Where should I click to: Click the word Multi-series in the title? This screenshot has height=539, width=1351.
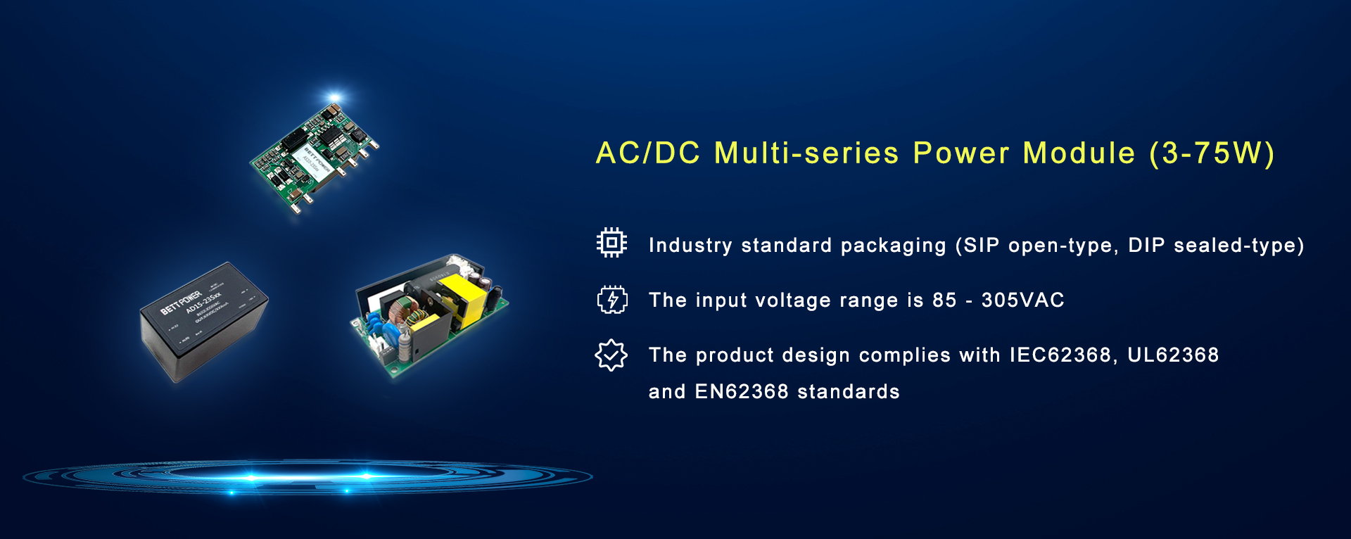[806, 153]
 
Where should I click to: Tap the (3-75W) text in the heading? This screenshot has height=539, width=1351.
[1212, 153]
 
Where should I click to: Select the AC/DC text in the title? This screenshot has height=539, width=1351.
[648, 153]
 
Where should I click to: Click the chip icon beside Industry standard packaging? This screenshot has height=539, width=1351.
[611, 243]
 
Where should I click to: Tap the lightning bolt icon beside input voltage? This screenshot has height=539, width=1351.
[611, 299]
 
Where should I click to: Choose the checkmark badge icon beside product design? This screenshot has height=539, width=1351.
[611, 355]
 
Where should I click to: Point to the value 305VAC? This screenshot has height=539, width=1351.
[1022, 300]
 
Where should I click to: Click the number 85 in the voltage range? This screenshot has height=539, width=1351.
[944, 300]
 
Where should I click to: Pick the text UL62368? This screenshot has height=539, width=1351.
[1173, 355]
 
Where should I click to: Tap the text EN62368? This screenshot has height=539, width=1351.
[742, 392]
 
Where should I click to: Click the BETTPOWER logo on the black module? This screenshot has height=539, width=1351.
[181, 301]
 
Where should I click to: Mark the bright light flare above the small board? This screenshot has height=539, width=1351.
[334, 97]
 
